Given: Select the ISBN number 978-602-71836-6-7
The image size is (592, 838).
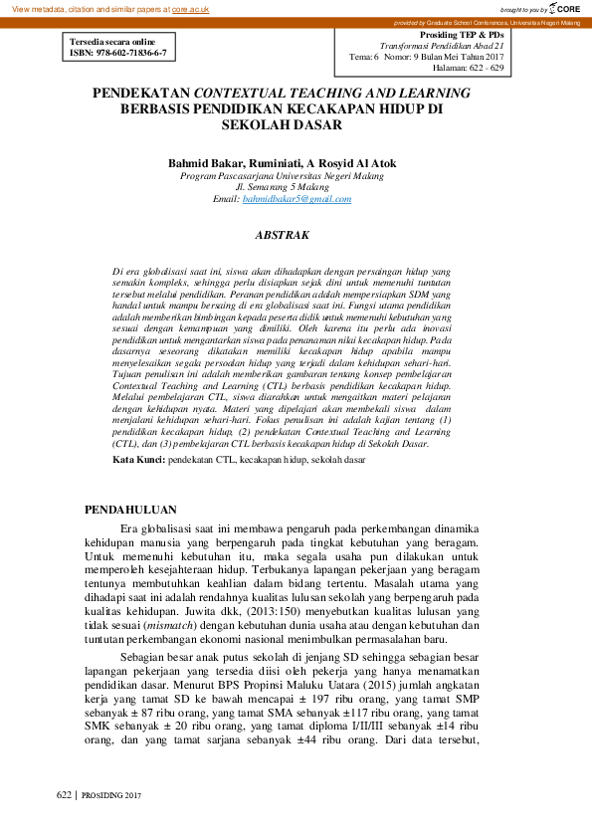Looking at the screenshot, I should (129, 52).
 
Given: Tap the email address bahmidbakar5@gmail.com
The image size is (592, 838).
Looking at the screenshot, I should (297, 199).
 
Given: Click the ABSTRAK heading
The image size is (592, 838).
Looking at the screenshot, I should (283, 235).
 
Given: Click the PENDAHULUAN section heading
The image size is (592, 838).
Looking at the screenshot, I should (134, 511).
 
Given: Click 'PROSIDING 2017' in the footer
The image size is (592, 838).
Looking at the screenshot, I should (112, 795).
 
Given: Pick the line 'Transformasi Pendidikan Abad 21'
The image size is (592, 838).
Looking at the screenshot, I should (442, 47).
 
